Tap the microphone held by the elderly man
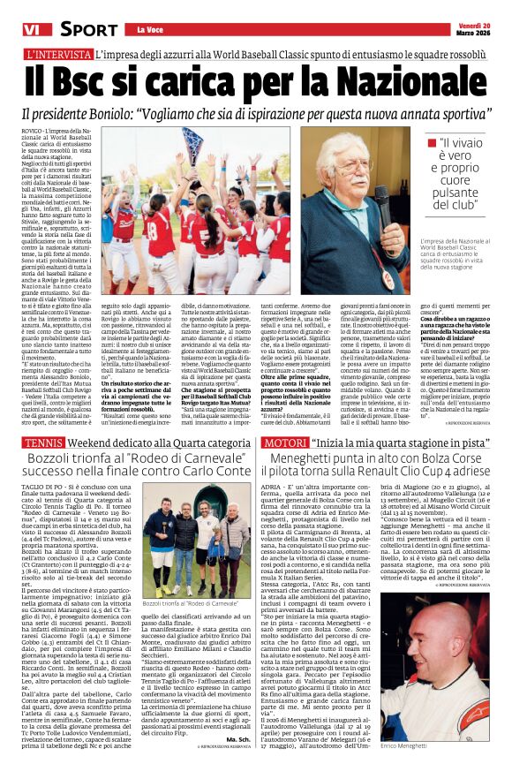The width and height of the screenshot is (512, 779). coord(382,200)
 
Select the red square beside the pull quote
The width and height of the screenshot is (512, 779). coord(431,142)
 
